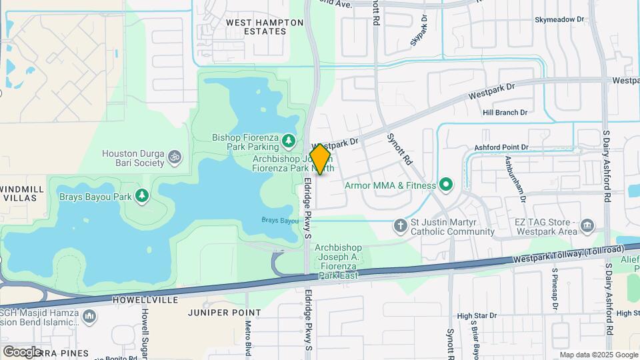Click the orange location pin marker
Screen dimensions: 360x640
[321, 159]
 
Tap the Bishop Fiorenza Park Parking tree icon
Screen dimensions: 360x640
[289, 140]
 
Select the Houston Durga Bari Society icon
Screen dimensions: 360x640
[175, 157]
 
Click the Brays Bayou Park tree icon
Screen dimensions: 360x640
[141, 195]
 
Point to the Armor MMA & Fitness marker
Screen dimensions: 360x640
[446, 185]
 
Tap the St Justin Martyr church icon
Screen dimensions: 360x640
[400, 225]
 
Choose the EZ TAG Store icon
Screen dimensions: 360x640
[587, 225]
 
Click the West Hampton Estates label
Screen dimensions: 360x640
[265, 27]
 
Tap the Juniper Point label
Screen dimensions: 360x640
[224, 313]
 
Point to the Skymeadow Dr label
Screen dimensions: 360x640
[559, 20]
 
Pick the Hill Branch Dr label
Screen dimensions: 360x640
[505, 113]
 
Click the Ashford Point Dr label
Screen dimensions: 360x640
[501, 147]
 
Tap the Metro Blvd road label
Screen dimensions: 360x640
[248, 337]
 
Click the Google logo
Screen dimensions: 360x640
[21, 351]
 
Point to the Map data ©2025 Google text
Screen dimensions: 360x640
[598, 355]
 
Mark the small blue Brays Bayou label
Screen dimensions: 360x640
[279, 220]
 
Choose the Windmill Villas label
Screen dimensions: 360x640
[22, 194]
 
